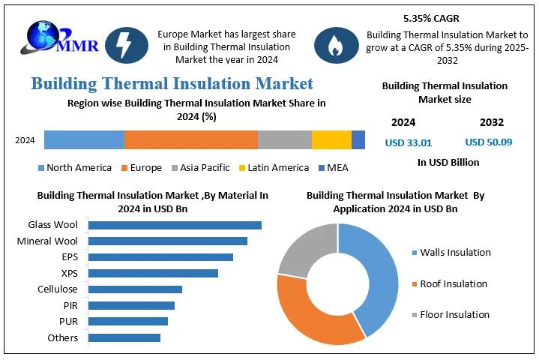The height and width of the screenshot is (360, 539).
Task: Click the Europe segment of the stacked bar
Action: point(190,139)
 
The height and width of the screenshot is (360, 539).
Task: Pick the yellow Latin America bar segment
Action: point(331,139)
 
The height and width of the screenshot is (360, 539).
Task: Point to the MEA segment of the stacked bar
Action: point(358,139)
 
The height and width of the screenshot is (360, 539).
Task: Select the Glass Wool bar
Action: point(175,225)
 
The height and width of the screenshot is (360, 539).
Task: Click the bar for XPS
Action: point(153,273)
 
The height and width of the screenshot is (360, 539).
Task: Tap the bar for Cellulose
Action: point(135,289)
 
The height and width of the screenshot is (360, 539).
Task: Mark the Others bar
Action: point(124,337)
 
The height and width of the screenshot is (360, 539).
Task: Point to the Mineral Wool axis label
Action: point(47,241)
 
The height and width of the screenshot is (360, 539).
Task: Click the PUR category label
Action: point(67,321)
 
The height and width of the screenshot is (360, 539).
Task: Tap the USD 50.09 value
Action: point(488,142)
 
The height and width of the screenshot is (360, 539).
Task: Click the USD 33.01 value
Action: point(408,142)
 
